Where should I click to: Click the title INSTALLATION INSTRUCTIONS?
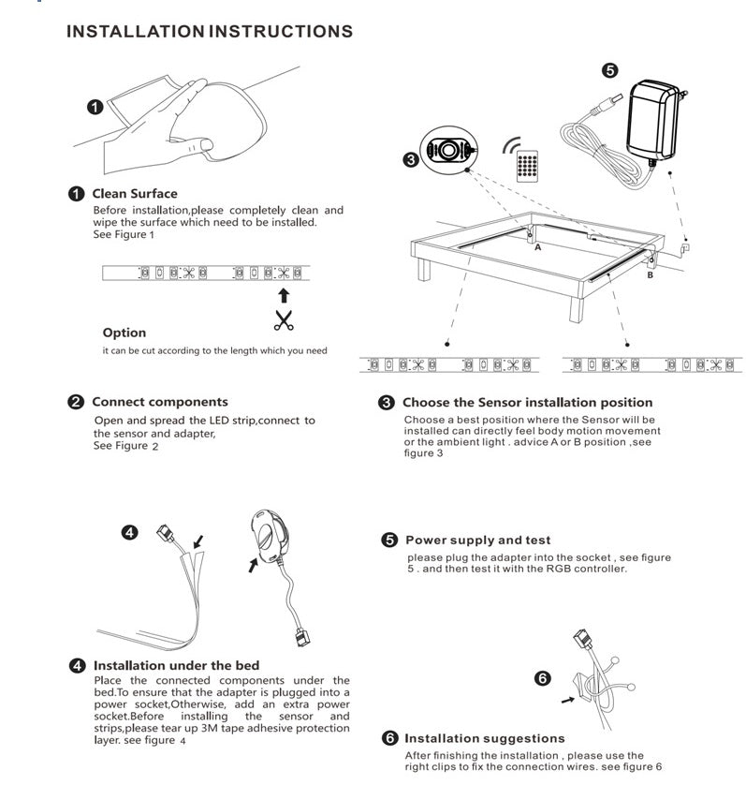tap(210, 31)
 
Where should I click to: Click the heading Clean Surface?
tap(134, 194)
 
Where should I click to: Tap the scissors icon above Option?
tap(283, 319)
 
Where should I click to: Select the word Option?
tap(124, 333)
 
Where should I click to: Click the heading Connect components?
tap(159, 402)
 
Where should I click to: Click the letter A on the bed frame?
tap(537, 248)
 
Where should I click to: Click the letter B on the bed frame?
tap(650, 275)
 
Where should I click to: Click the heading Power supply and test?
tap(477, 541)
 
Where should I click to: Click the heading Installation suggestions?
tap(484, 738)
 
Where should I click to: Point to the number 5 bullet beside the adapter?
tap(609, 70)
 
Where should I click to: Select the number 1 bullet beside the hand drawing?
tap(94, 107)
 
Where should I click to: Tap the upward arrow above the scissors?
tap(284, 296)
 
